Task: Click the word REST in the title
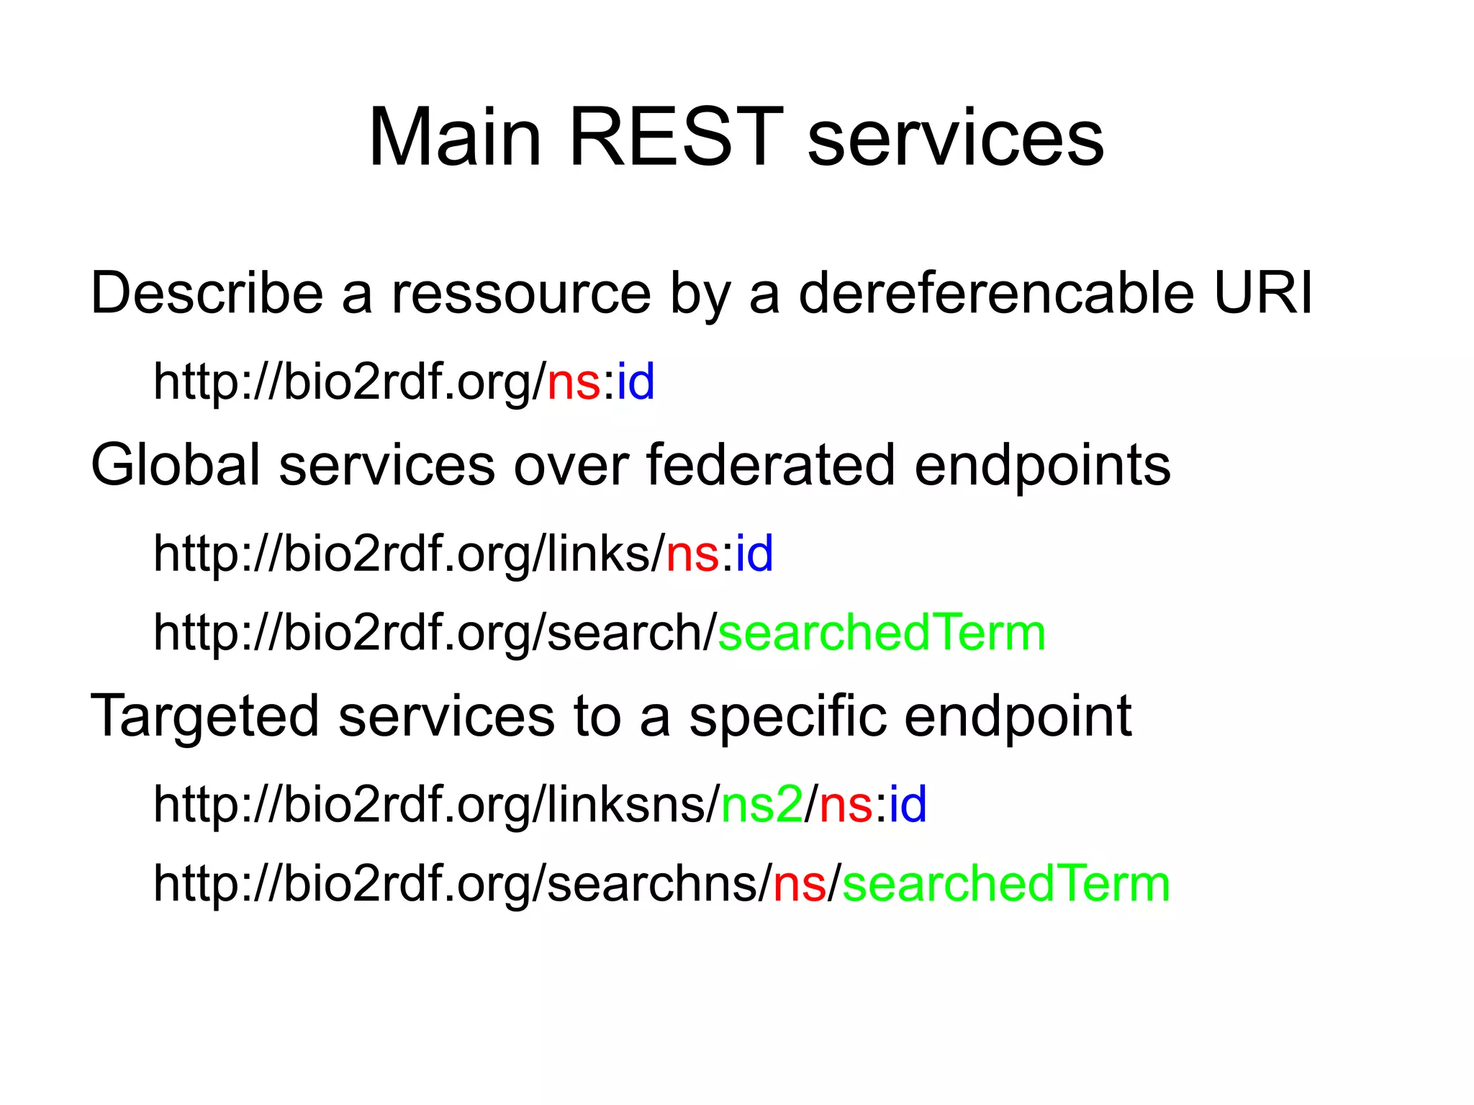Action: pyautogui.click(x=675, y=137)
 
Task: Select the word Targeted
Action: pyautogui.click(x=204, y=717)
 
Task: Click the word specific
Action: pyautogui.click(x=787, y=717)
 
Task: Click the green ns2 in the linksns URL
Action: pyautogui.click(x=761, y=804)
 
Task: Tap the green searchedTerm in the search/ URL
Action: pyautogui.click(x=882, y=633)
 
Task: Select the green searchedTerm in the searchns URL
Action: pyautogui.click(x=1006, y=884)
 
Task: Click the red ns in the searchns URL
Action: pyautogui.click(x=799, y=885)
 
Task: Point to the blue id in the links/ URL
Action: pyautogui.click(x=754, y=554)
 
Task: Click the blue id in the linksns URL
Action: pyautogui.click(x=908, y=804)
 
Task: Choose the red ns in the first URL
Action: pyautogui.click(x=574, y=382)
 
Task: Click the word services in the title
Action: pyautogui.click(x=955, y=137)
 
